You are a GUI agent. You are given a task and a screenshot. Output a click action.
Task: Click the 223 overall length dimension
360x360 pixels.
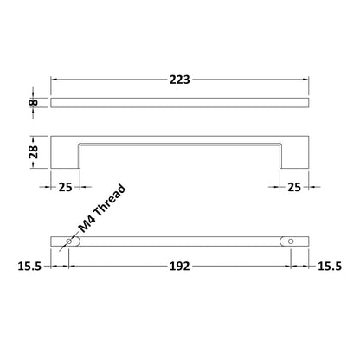(179, 80)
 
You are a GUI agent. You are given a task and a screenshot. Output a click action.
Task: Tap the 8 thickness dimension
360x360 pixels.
(34, 102)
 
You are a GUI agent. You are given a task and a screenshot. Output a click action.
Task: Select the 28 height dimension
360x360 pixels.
(34, 152)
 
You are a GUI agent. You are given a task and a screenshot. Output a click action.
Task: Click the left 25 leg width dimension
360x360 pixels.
(65, 187)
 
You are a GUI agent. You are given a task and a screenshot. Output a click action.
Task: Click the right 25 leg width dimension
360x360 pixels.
(294, 187)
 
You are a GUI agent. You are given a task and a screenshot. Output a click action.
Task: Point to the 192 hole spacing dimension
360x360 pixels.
(179, 267)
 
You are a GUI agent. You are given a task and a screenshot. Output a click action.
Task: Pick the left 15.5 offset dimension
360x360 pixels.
(29, 267)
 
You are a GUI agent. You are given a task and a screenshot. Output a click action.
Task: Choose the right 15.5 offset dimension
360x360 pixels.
(330, 267)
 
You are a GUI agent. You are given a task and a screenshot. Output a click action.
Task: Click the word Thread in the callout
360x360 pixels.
(110, 201)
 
